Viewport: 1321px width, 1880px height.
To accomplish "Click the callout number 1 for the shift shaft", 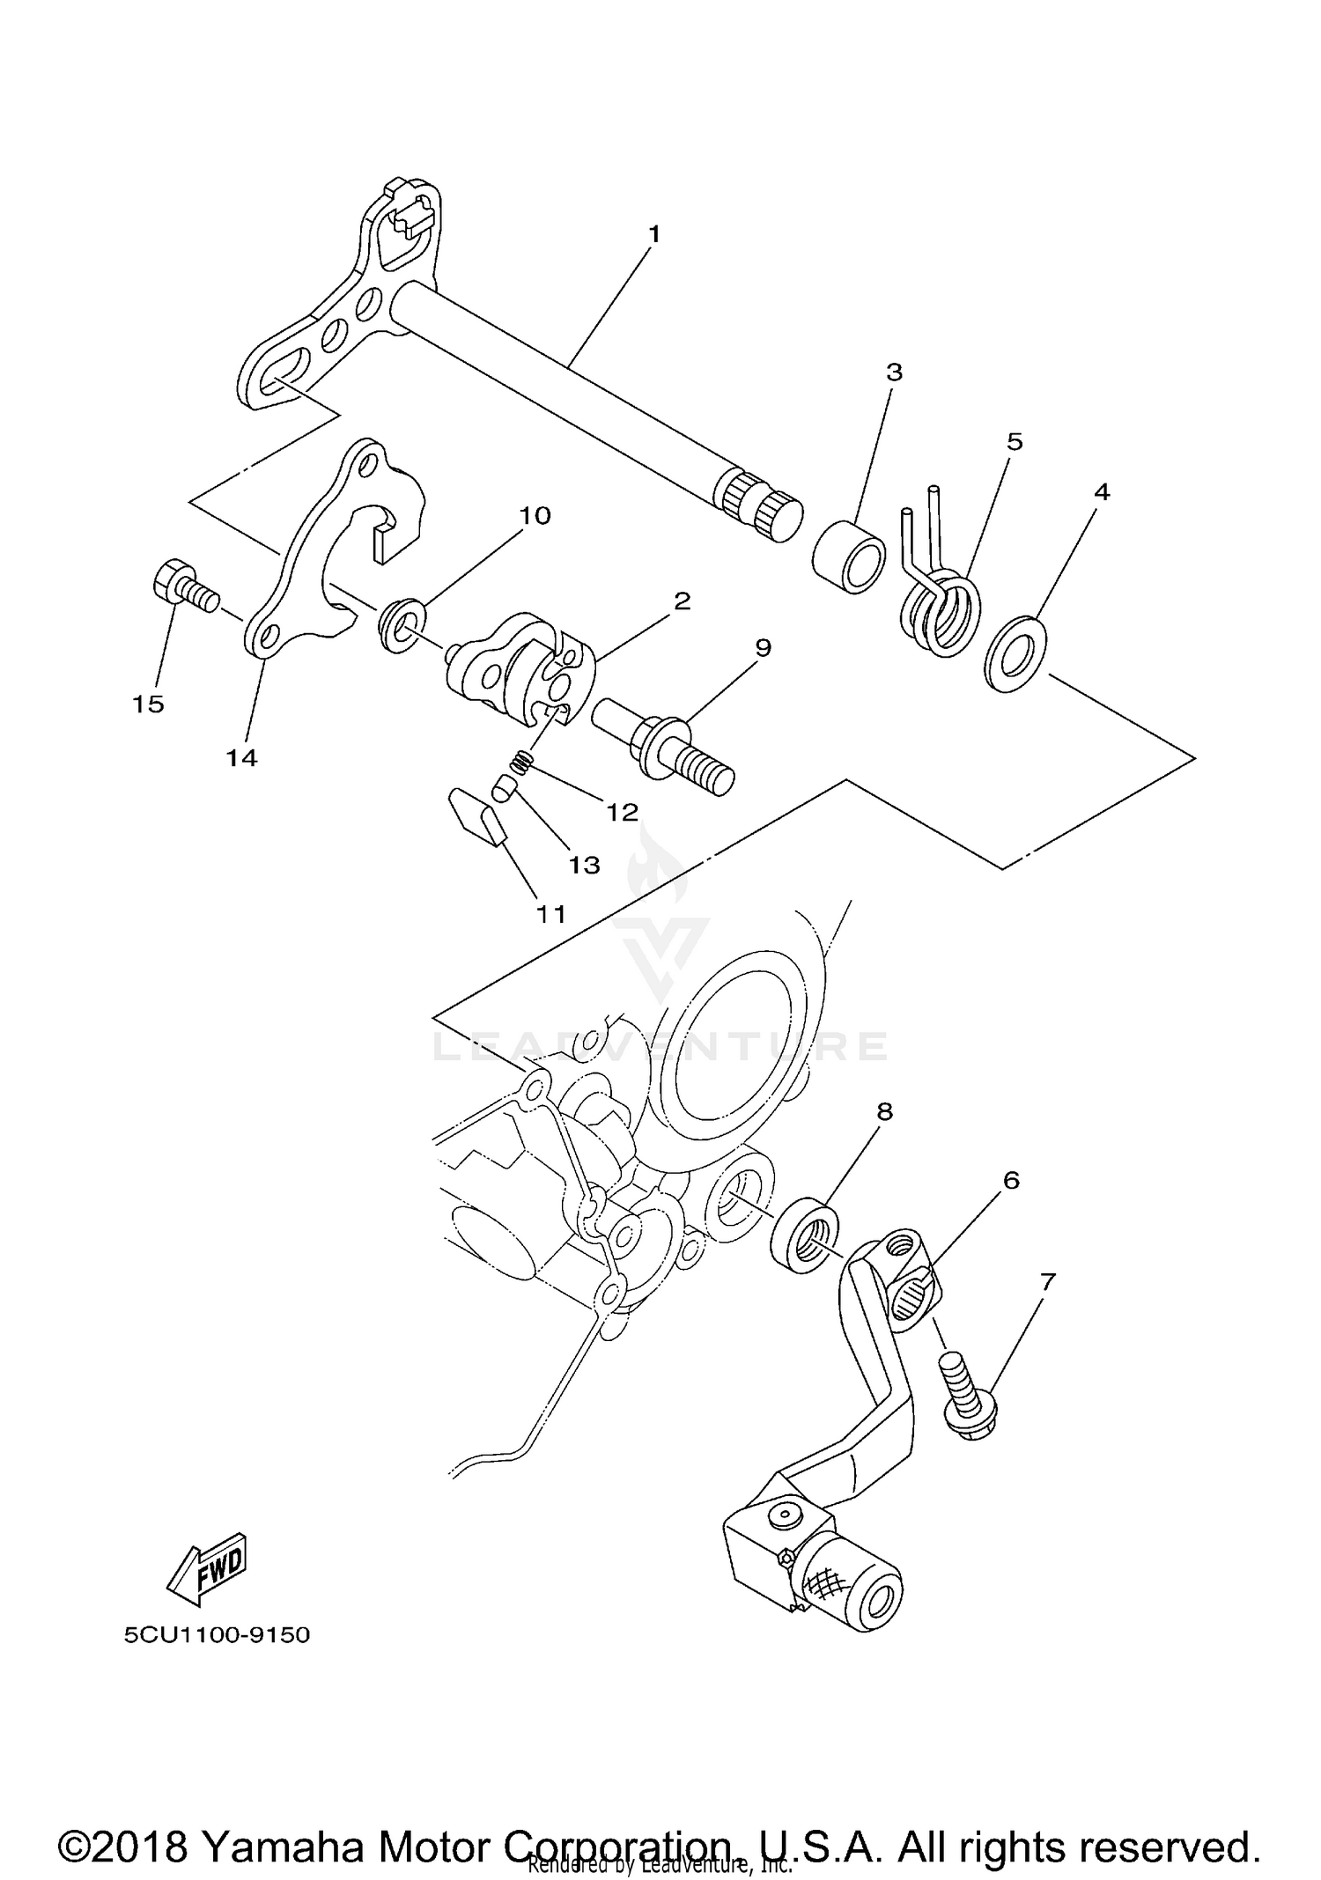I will (x=653, y=234).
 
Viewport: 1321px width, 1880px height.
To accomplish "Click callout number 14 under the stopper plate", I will (x=241, y=757).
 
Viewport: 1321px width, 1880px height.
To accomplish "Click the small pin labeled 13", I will (x=502, y=789).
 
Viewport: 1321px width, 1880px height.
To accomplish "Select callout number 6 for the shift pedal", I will (x=1011, y=1180).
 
